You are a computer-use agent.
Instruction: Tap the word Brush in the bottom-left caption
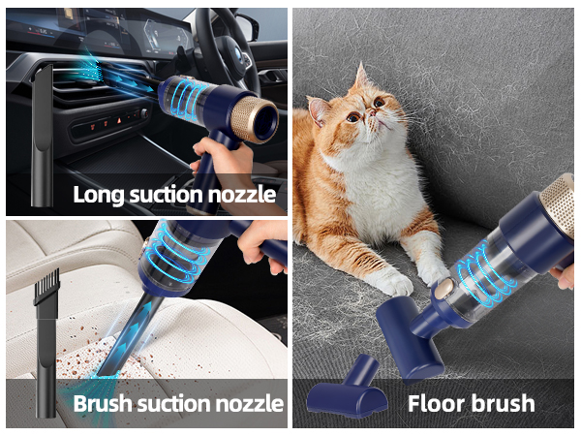pos(103,403)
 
